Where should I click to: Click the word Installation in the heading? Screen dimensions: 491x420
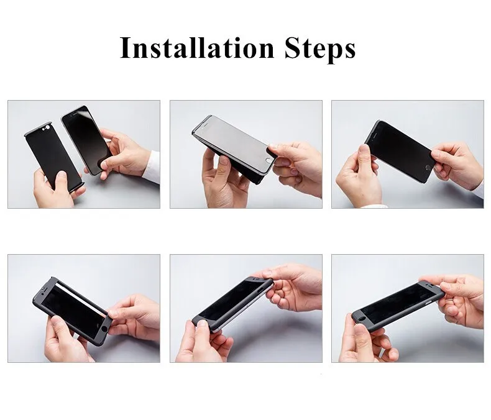197,48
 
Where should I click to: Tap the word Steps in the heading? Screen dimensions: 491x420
320,49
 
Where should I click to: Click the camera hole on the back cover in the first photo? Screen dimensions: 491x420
48,127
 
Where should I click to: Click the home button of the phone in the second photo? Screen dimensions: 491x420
268,160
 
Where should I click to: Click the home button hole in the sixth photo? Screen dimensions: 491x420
362,319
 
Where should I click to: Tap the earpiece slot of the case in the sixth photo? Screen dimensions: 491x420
433,287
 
